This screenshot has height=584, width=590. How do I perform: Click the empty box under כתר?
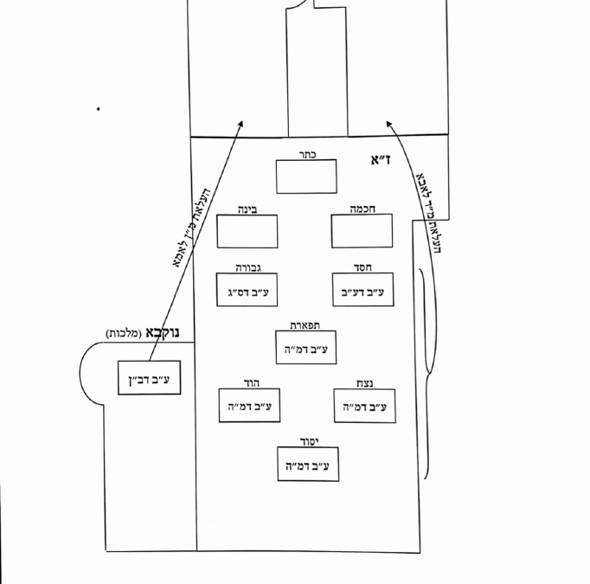[x=307, y=176]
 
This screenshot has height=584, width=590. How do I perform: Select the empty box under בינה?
[x=247, y=232]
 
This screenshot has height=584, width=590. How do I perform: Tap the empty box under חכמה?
[x=362, y=232]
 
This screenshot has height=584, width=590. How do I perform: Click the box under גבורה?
[x=247, y=291]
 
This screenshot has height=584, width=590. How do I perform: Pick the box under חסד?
[x=362, y=291]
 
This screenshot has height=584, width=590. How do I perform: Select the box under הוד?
[x=250, y=406]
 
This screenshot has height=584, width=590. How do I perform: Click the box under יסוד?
[x=307, y=464]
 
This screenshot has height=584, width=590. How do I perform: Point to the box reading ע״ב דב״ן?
[x=150, y=378]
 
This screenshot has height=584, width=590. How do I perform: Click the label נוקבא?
[x=163, y=331]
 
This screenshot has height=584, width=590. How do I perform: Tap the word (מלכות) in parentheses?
[x=122, y=333]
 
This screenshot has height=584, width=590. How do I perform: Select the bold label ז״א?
[x=379, y=160]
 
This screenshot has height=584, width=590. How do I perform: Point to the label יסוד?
[x=307, y=440]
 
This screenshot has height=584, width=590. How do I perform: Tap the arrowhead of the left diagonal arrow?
[x=241, y=125]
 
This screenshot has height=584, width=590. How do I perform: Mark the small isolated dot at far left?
[x=99, y=109]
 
